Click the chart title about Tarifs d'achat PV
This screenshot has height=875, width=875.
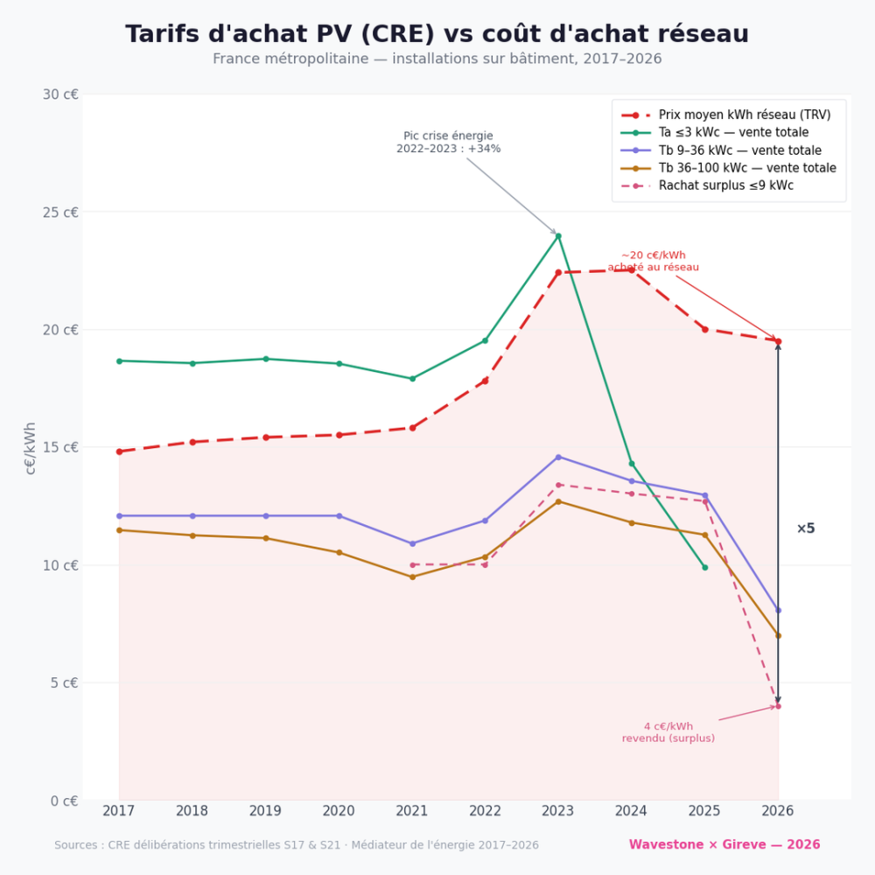[437, 34]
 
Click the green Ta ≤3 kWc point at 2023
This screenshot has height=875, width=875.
[558, 235]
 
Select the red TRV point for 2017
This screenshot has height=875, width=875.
[119, 451]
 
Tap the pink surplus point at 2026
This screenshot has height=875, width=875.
[778, 706]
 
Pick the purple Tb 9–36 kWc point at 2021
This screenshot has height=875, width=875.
[412, 543]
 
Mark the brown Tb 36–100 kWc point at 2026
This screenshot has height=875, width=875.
[778, 635]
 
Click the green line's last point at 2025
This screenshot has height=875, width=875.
[704, 567]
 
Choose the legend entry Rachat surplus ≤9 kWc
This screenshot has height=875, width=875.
[725, 185]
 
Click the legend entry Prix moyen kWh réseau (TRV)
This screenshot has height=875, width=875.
[745, 115]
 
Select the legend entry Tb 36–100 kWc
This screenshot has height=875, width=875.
[747, 168]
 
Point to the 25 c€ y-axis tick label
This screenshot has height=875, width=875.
[60, 212]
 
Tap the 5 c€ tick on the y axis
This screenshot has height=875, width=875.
[64, 682]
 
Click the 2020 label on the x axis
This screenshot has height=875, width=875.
[339, 811]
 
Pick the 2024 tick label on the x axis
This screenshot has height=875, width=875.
[631, 811]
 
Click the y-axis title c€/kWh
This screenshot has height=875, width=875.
[31, 448]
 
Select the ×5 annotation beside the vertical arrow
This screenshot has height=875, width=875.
[805, 528]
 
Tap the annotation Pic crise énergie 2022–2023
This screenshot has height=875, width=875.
[448, 143]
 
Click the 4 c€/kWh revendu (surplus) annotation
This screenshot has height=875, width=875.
[668, 732]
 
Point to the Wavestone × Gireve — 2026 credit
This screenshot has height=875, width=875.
[724, 844]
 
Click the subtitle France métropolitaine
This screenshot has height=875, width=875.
[437, 59]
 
